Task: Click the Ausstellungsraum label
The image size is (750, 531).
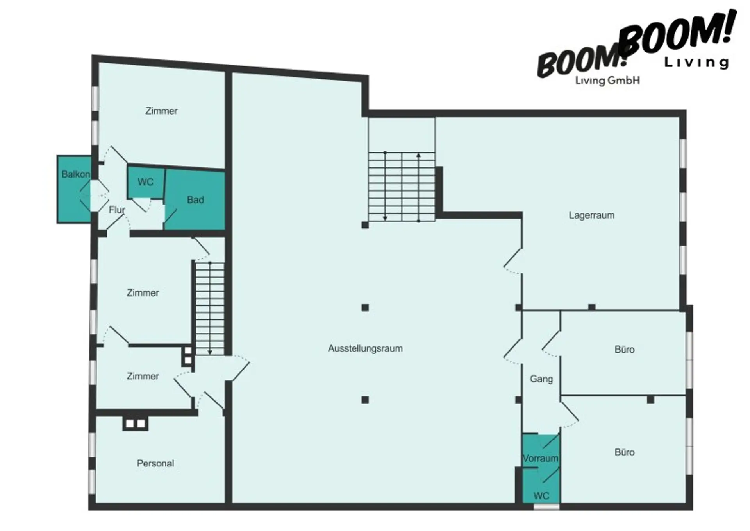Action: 365,348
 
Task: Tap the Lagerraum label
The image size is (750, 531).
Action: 591,215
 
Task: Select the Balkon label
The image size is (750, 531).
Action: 76,174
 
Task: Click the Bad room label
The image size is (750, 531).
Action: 195,200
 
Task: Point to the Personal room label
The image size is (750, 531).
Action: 155,463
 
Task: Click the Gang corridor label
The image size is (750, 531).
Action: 541,379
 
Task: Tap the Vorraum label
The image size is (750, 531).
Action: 541,458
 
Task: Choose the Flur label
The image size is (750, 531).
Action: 116,210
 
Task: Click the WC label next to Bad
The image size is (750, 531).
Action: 145,182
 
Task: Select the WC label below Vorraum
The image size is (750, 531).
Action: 541,496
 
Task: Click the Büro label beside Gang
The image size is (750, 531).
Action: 624,349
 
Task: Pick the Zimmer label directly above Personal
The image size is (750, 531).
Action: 143,376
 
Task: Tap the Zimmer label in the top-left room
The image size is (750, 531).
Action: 161,111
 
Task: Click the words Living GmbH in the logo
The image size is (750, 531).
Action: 607,81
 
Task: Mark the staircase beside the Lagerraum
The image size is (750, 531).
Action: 402,187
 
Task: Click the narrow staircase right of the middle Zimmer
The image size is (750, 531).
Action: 210,308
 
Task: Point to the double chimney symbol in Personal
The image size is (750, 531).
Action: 135,423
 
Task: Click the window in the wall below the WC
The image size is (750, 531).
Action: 546,507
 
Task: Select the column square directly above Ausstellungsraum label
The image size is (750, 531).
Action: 365,308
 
